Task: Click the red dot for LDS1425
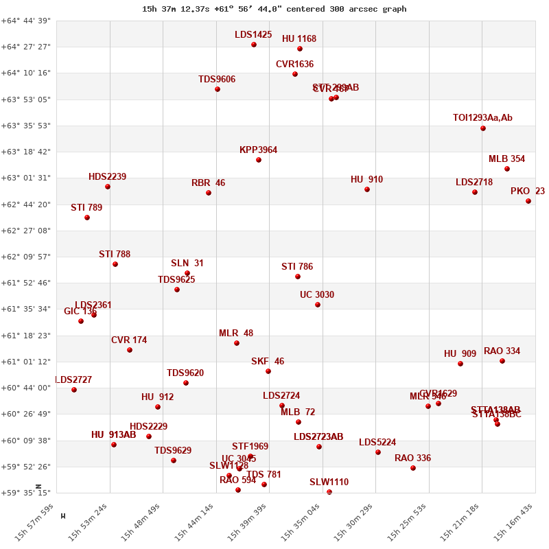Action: point(254,45)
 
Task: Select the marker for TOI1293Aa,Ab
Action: point(483,128)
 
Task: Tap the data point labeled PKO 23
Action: point(528,201)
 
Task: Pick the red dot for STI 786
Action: point(298,277)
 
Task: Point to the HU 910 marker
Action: point(367,189)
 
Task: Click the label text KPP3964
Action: point(258,150)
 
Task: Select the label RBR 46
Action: point(208,183)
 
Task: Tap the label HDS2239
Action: point(107,177)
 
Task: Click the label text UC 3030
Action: point(317,295)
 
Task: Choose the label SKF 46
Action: point(268,362)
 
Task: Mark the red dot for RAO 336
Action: point(413,468)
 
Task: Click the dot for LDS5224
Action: point(378,452)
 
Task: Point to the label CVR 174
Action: point(129,340)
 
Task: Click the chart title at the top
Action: point(274,9)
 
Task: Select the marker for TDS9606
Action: point(218,89)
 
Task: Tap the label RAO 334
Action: point(502,351)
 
